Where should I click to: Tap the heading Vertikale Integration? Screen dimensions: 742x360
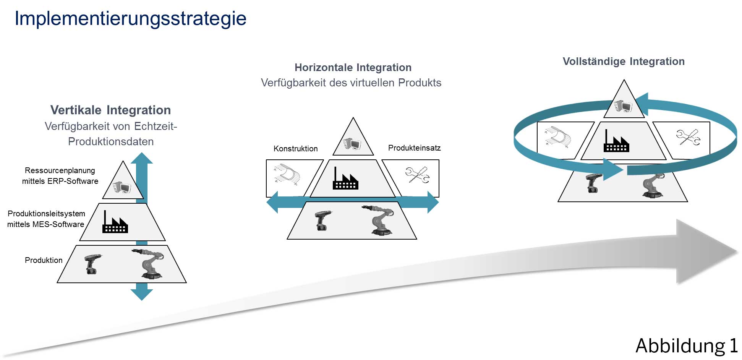[x=110, y=110]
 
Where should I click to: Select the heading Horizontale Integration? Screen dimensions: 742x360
[x=353, y=68]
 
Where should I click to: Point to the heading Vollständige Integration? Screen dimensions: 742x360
[x=624, y=62]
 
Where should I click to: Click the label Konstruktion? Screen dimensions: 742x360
[x=295, y=149]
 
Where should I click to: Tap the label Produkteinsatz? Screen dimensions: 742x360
[x=414, y=148]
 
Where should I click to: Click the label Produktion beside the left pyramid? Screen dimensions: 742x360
[x=44, y=260]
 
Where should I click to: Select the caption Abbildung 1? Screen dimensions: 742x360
[x=687, y=346]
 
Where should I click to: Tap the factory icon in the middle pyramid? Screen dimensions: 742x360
[x=345, y=178]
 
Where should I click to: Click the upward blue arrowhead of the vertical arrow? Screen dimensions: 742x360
[x=142, y=158]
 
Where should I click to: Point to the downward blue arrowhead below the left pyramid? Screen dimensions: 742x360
[x=142, y=295]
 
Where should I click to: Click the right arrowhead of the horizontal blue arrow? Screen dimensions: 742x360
[x=433, y=202]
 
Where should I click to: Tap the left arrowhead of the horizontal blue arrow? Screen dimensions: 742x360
[x=272, y=202]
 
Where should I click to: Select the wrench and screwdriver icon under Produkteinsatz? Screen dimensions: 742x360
[x=417, y=175]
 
